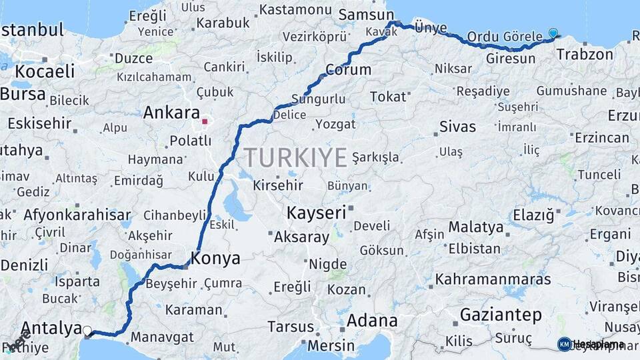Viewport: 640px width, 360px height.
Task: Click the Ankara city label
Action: [x=171, y=112]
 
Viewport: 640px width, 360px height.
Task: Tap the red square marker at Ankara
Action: [x=205, y=122]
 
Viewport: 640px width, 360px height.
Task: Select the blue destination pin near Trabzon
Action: [x=553, y=33]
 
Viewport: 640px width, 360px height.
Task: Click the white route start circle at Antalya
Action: [x=87, y=329]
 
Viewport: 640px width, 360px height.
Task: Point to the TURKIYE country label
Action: [x=295, y=158]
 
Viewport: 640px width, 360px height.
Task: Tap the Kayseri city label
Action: [x=316, y=213]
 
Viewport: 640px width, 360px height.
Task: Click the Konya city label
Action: [x=215, y=257]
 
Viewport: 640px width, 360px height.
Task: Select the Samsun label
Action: [x=367, y=15]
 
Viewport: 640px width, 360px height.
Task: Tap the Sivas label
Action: [x=458, y=127]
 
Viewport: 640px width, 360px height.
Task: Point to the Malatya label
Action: [x=475, y=227]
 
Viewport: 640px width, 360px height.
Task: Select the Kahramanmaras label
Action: [x=493, y=279]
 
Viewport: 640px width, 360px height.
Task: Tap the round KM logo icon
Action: [x=564, y=344]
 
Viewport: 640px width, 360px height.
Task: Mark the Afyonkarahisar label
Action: [x=77, y=215]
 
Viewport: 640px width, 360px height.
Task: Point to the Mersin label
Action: [x=331, y=346]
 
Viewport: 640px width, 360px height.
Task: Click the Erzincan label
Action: [x=601, y=138]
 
